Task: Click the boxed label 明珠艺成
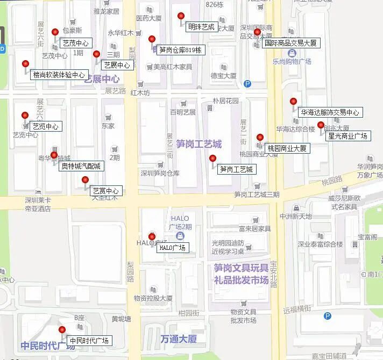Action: [x=201, y=27]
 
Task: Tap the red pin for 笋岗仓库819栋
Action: [x=152, y=39]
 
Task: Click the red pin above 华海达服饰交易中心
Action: [x=293, y=102]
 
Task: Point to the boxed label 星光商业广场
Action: [x=347, y=136]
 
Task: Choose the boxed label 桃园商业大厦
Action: [x=287, y=148]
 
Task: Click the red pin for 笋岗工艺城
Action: [x=212, y=159]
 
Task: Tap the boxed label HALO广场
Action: [x=172, y=248]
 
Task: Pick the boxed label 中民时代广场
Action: [x=89, y=341]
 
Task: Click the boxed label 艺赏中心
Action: [x=105, y=191]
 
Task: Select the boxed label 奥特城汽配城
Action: [x=81, y=166]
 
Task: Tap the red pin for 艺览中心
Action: [x=25, y=116]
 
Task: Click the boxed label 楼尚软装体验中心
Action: [x=59, y=75]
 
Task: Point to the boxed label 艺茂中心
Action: [x=76, y=43]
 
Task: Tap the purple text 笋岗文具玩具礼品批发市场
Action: [x=240, y=273]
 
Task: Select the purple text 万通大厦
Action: [x=179, y=339]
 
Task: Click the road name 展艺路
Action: [x=115, y=91]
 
